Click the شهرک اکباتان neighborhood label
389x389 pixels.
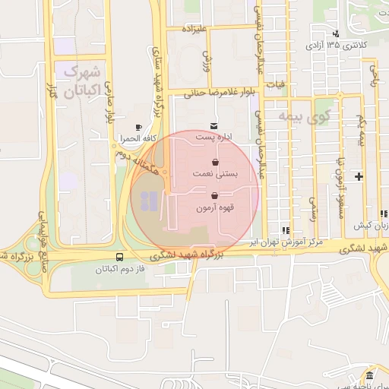(83, 82)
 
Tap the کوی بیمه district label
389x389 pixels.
(302, 116)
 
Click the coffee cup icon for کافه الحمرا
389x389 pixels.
(138, 128)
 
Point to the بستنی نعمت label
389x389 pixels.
(217, 174)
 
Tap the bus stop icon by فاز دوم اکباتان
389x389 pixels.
(120, 257)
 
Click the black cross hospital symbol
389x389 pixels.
(359, 177)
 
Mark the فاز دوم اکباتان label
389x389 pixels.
(119, 270)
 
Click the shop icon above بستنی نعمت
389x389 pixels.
(216, 162)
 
